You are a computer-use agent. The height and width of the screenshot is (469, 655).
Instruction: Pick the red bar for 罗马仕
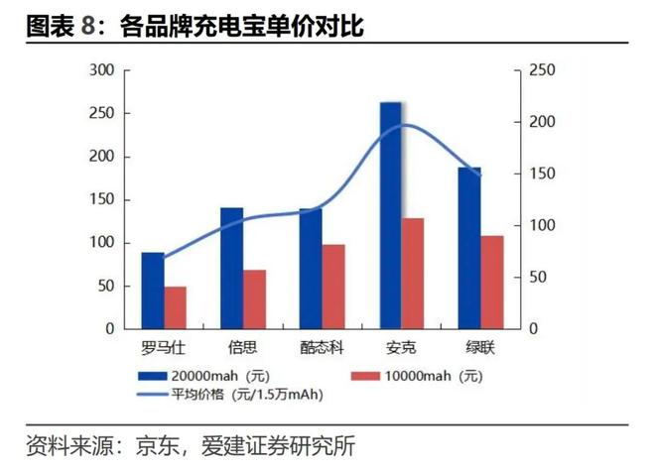pos(175,307)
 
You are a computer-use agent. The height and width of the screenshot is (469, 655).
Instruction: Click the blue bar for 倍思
pos(231,268)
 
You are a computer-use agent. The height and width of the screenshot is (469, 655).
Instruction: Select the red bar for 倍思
pos(254,298)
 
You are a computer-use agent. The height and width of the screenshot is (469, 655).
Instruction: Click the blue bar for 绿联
pos(469,248)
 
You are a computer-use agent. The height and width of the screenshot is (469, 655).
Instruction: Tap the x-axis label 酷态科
pos(322,348)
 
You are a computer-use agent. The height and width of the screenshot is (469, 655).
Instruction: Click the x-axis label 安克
pos(402,348)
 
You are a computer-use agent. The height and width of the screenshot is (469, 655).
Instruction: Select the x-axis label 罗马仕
pos(163,348)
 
